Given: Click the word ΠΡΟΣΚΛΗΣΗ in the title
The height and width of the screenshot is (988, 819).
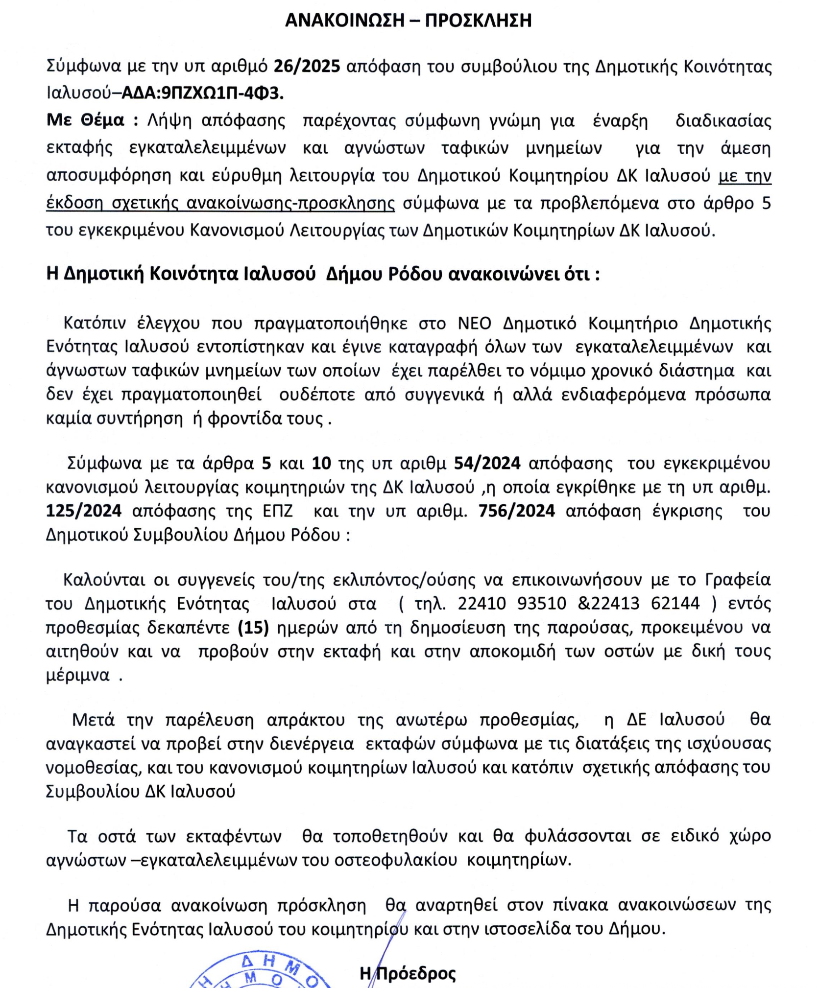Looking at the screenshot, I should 478,21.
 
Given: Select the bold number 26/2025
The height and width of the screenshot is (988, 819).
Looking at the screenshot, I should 307,66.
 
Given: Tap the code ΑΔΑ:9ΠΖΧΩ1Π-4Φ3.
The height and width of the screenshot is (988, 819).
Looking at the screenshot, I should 202,93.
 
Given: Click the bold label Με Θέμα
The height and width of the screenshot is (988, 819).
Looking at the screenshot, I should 85,120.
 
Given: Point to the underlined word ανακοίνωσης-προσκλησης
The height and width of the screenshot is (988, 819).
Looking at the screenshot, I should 290,203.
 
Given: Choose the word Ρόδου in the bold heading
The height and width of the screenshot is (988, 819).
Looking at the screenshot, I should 415,274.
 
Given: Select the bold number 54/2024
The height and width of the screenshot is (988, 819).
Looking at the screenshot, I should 487,463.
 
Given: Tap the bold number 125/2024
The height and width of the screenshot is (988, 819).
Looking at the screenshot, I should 84,511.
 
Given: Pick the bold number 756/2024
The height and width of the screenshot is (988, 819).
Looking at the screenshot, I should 516,511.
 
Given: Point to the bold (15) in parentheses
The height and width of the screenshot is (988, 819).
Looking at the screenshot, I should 253,627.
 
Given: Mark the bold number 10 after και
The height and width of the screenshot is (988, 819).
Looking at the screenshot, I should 321,463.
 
